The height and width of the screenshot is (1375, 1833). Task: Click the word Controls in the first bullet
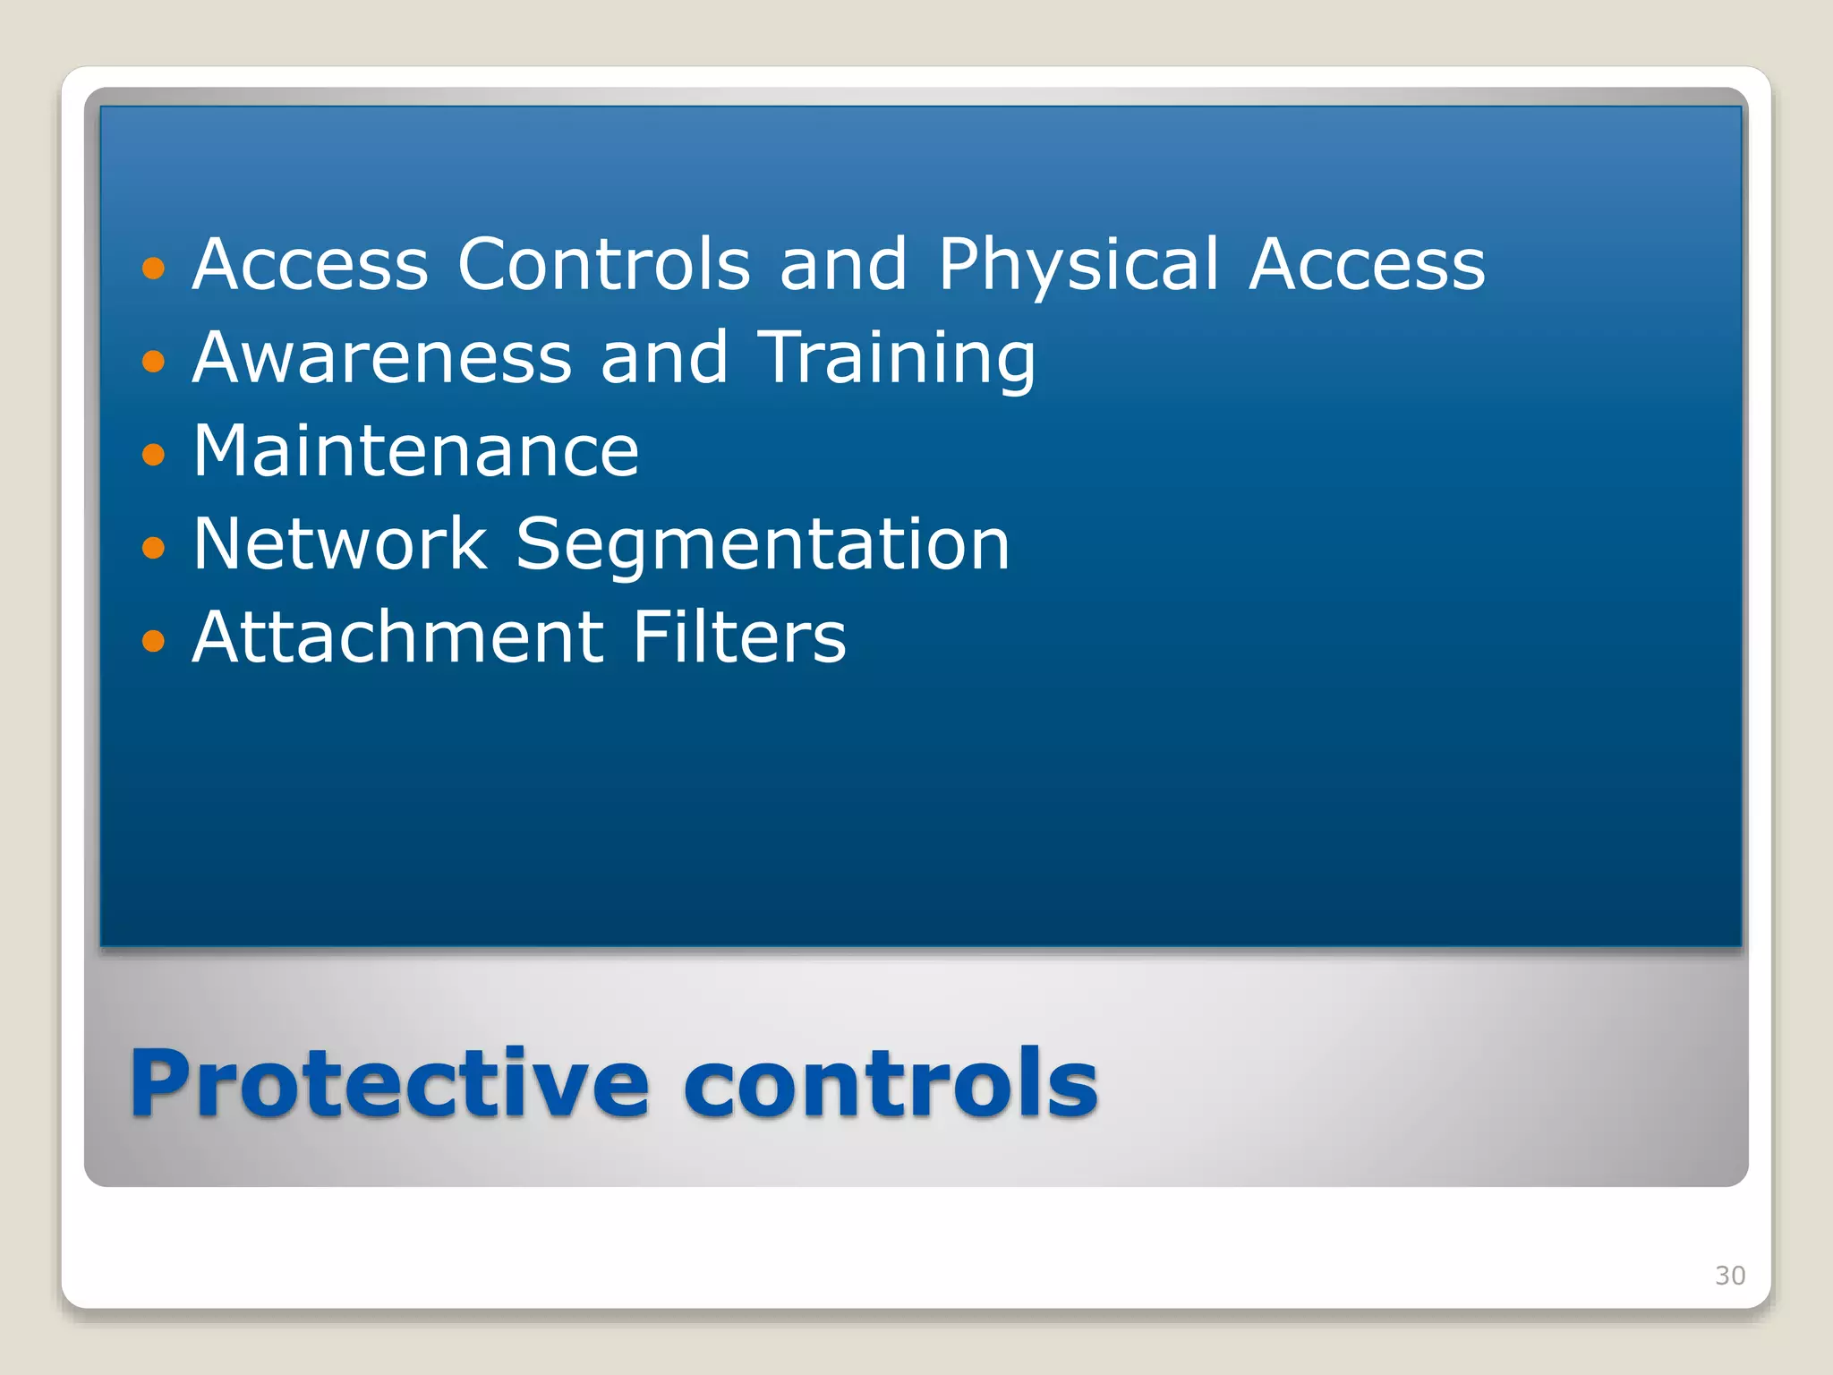tap(604, 265)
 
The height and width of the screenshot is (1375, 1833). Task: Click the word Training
tap(898, 360)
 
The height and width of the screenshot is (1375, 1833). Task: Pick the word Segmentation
tap(763, 546)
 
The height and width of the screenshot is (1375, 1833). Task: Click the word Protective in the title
tap(389, 1085)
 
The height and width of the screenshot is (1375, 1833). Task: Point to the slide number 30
tap(1729, 1276)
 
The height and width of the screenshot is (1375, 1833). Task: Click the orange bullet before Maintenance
tap(154, 454)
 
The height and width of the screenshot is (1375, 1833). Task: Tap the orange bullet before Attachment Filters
tap(154, 640)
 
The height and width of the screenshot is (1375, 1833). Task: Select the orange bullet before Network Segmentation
tap(154, 547)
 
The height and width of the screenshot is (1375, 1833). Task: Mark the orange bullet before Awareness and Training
tap(154, 361)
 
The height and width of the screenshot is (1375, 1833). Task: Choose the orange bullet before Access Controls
tap(154, 268)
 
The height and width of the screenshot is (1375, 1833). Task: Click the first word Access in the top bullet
tap(311, 265)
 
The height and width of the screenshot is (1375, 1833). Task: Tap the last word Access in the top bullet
tap(1367, 265)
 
